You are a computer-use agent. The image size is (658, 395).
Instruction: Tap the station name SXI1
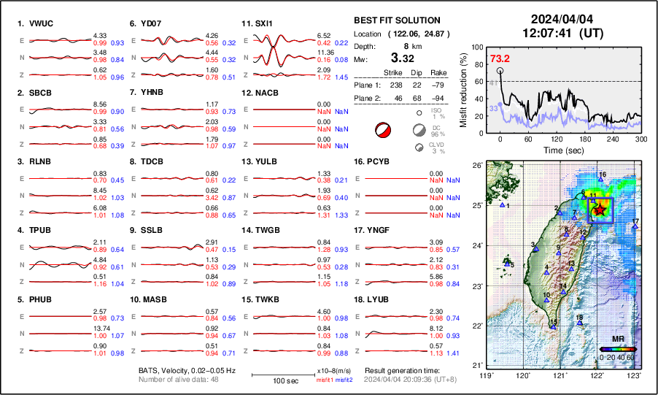263,23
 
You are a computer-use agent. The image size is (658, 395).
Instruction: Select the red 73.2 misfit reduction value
500,58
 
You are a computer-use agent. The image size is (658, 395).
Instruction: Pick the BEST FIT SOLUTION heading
396,20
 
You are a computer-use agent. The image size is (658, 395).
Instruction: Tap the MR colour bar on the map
618,349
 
